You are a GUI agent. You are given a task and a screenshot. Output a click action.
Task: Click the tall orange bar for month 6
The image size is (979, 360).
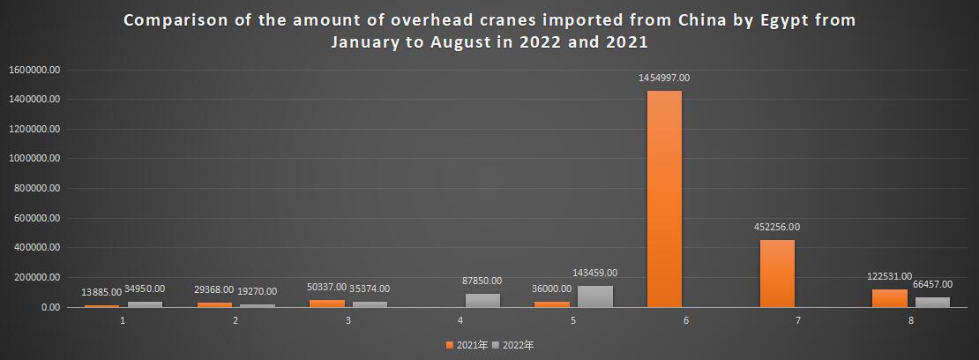click(664, 199)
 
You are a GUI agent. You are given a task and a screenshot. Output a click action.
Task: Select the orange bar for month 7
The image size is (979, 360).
click(777, 274)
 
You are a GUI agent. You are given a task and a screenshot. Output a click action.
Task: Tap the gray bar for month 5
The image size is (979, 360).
click(594, 296)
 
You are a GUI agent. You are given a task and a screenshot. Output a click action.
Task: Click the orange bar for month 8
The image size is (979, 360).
click(890, 298)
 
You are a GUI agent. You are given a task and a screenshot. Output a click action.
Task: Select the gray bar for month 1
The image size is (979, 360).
click(145, 304)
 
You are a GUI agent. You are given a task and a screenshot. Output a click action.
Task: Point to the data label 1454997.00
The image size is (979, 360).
click(664, 78)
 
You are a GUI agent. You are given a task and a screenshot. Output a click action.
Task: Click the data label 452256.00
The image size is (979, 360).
click(776, 227)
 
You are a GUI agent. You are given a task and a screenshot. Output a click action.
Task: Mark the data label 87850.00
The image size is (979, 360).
click(482, 281)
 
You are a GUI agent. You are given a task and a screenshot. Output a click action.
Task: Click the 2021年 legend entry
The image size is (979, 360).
click(469, 345)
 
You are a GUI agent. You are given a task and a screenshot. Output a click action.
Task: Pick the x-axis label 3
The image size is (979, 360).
click(348, 320)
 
